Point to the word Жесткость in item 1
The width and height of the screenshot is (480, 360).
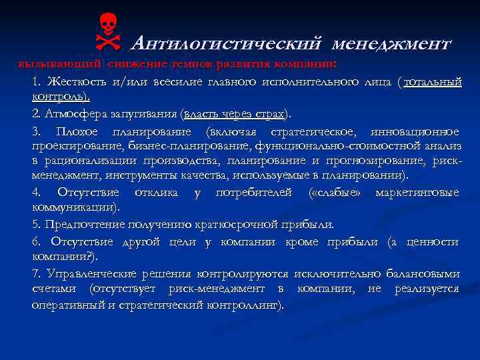click(73, 81)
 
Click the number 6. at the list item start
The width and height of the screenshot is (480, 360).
click(36, 241)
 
